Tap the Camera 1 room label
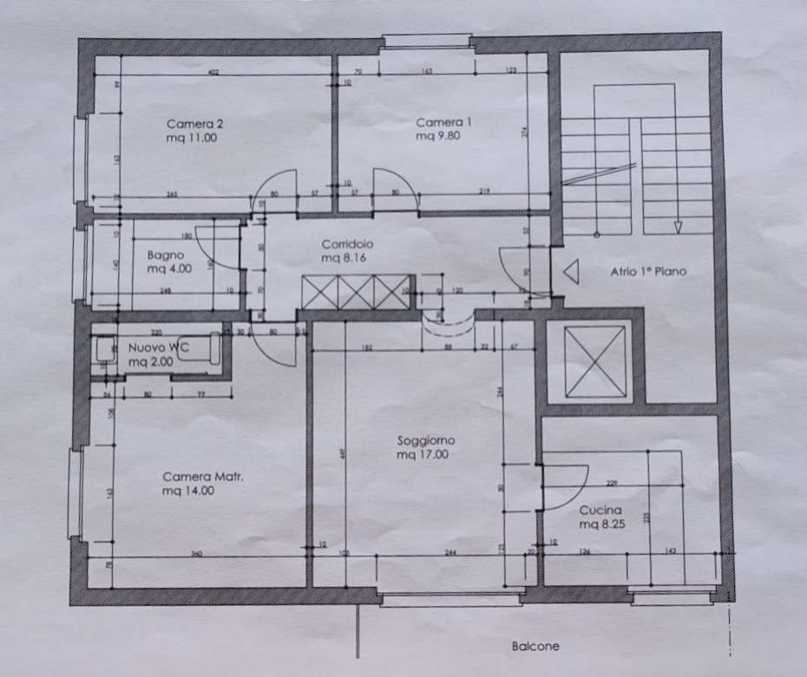pyautogui.click(x=443, y=122)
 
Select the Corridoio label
pyautogui.click(x=346, y=244)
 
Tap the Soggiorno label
pyautogui.click(x=426, y=441)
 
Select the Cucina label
pyautogui.click(x=600, y=511)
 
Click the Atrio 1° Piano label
pyautogui.click(x=646, y=271)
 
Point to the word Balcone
pyautogui.click(x=535, y=646)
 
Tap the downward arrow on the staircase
pyautogui.click(x=678, y=227)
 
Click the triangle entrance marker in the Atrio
pyautogui.click(x=571, y=272)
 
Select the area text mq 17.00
pyautogui.click(x=423, y=454)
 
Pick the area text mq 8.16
pyautogui.click(x=346, y=257)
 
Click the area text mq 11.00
pyautogui.click(x=191, y=137)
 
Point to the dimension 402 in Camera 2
pyautogui.click(x=213, y=72)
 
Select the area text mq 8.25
pyautogui.click(x=600, y=525)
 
